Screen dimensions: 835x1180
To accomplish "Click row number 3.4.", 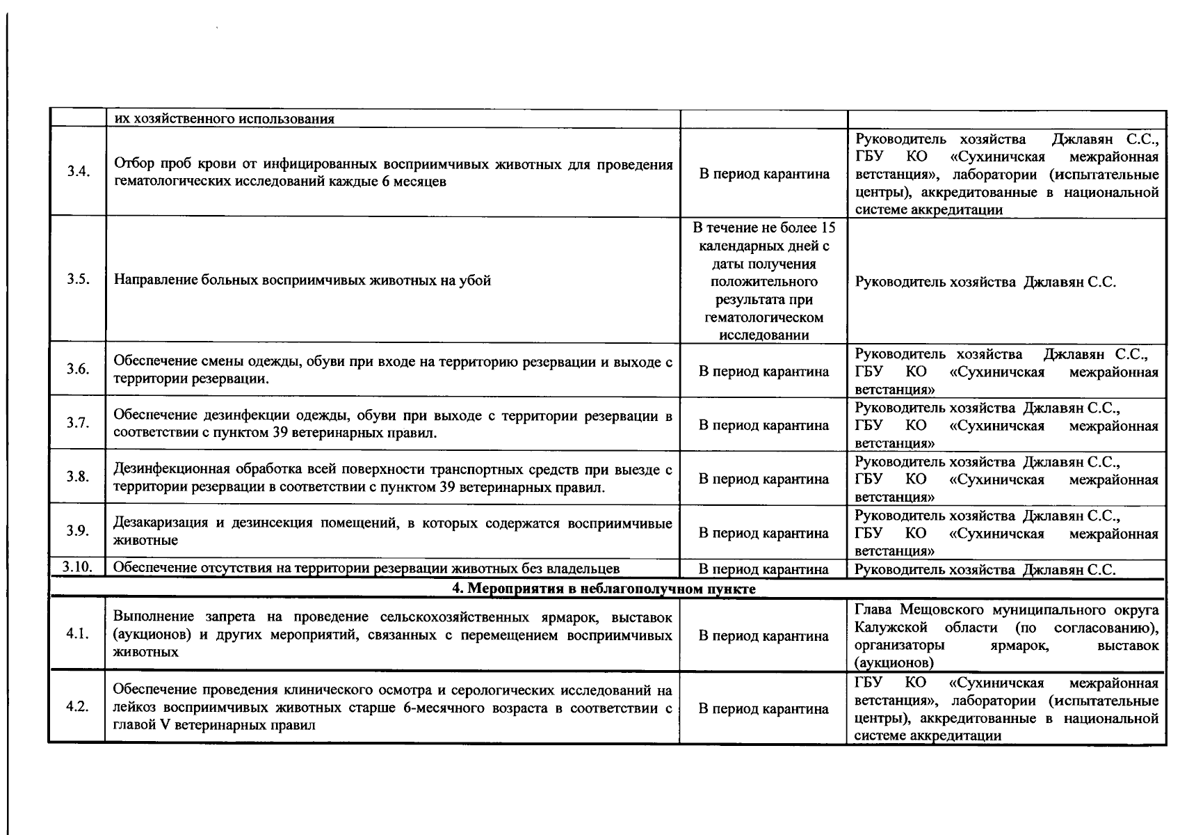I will (x=78, y=172).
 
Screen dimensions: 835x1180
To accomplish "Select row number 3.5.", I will (x=78, y=280).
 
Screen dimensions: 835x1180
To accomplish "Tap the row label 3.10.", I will (x=77, y=568).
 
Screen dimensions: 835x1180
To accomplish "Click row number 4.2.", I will (x=77, y=707).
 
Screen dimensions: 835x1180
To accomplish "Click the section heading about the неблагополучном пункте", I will (x=604, y=589).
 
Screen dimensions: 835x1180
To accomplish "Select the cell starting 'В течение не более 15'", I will (x=763, y=280).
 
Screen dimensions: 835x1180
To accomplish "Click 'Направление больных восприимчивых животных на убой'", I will (x=302, y=280).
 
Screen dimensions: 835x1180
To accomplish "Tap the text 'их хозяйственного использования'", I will (x=224, y=119).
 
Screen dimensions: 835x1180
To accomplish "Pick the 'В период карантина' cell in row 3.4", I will (x=763, y=174).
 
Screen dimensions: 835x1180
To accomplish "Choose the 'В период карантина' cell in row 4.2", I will (x=763, y=709).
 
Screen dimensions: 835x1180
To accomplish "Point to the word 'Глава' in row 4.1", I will (x=875, y=610).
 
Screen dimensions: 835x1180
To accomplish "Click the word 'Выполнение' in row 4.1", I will (x=154, y=617).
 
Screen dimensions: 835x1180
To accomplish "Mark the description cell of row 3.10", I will (x=366, y=568).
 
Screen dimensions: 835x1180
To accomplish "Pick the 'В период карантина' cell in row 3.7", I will (x=763, y=425).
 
